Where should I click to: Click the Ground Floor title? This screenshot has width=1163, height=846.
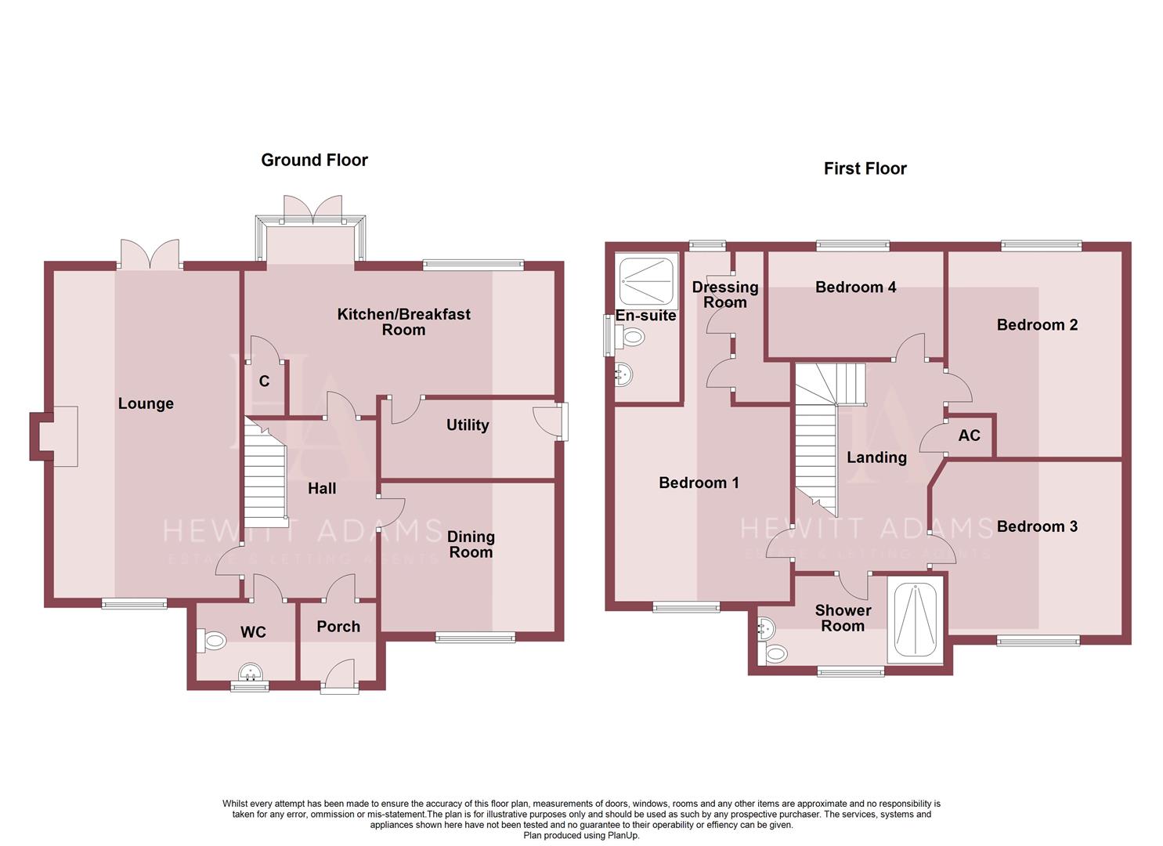(314, 160)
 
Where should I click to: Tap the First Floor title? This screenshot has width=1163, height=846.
(865, 168)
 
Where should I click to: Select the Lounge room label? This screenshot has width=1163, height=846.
(146, 403)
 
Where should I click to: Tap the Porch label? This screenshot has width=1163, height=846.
(338, 627)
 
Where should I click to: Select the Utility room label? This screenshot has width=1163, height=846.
(468, 425)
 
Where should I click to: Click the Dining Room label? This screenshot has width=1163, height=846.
(471, 544)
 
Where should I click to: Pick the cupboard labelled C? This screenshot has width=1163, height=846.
(265, 381)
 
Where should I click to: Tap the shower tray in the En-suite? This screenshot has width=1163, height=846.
(647, 280)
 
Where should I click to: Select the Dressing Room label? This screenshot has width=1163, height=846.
(725, 295)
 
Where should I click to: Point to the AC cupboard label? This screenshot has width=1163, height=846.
(969, 436)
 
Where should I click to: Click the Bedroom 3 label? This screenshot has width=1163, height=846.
(1037, 526)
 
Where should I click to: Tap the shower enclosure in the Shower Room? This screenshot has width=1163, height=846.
(916, 619)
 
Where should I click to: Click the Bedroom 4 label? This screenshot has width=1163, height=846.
(855, 287)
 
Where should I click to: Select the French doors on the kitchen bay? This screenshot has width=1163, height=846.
(312, 208)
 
